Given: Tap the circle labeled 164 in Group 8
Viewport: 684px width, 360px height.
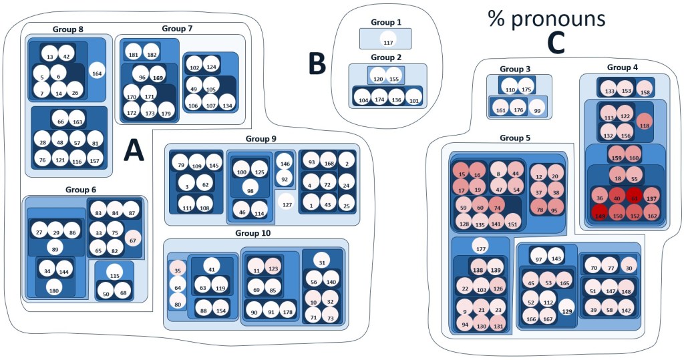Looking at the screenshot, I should [97, 73].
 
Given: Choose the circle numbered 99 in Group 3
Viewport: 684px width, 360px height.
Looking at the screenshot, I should [535, 109].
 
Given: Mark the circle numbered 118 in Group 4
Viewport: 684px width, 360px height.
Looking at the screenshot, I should [645, 124].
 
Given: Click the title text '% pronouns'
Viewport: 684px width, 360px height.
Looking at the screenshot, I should [546, 18].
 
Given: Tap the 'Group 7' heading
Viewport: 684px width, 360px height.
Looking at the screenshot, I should [177, 28].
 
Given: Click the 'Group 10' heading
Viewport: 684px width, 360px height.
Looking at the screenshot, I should [256, 233].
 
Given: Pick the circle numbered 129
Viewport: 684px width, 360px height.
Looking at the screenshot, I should [566, 311].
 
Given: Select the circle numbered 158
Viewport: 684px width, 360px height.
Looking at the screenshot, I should [645, 91].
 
